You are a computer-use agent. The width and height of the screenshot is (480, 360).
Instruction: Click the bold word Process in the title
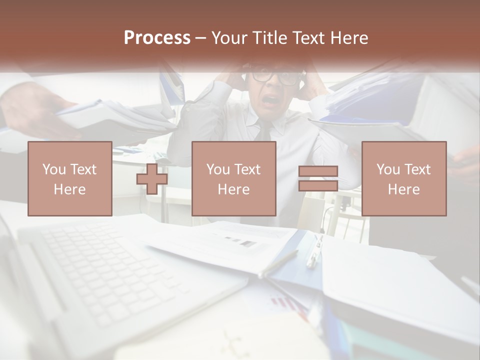(157, 38)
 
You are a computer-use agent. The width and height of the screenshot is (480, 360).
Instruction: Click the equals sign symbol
(318, 178)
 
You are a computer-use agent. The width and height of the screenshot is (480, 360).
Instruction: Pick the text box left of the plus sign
(69, 178)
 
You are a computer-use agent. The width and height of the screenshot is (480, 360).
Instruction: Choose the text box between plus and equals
(233, 178)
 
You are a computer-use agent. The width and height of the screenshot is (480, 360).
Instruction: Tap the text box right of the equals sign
(403, 178)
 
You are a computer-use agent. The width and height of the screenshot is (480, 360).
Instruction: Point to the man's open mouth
(271, 100)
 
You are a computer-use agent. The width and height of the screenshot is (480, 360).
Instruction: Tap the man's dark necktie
(263, 131)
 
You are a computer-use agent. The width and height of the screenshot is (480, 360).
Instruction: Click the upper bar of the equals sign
(318, 171)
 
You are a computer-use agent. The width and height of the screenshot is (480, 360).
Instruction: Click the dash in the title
(201, 38)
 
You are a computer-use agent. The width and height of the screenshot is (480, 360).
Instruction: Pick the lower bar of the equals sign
(318, 185)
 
